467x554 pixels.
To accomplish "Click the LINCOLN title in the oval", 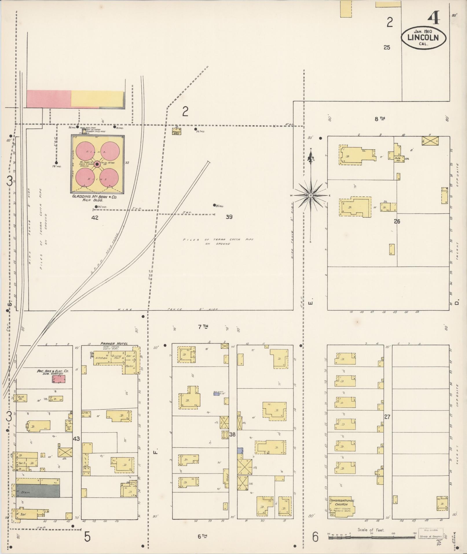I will [x=423, y=38].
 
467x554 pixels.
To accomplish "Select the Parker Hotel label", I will [x=114, y=343].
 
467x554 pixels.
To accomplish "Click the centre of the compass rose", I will [x=310, y=195].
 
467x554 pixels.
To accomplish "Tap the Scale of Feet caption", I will [x=371, y=530].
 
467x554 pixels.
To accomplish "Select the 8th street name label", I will [x=380, y=118].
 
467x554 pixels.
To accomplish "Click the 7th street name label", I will [x=203, y=327].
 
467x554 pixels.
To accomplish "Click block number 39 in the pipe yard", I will [x=229, y=217].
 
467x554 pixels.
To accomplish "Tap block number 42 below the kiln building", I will [x=95, y=217].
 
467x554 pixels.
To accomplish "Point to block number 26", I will [x=397, y=222].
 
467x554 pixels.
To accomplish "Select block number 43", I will [x=76, y=439].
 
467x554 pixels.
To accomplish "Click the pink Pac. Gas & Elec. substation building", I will [x=59, y=379].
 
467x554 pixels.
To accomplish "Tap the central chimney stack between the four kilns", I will [x=97, y=164].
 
